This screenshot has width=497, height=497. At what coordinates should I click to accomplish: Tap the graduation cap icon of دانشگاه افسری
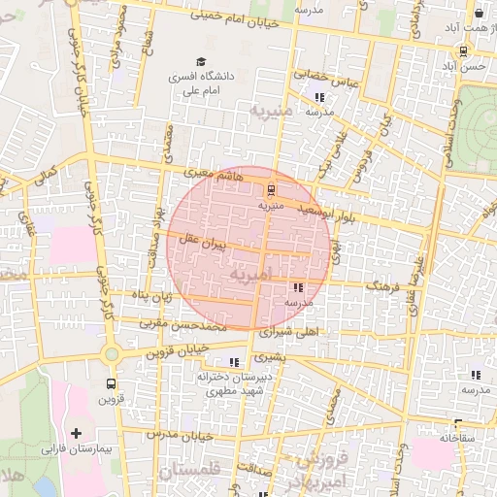click(201, 61)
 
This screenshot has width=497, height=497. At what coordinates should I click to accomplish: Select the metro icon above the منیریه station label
click(271, 189)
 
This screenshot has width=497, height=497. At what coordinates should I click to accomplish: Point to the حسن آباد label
click(463, 66)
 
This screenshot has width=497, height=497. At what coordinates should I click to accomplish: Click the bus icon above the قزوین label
click(112, 383)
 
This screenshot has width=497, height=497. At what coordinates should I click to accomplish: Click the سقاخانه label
click(458, 438)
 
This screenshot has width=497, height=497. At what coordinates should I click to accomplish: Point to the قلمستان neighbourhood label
click(188, 472)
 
